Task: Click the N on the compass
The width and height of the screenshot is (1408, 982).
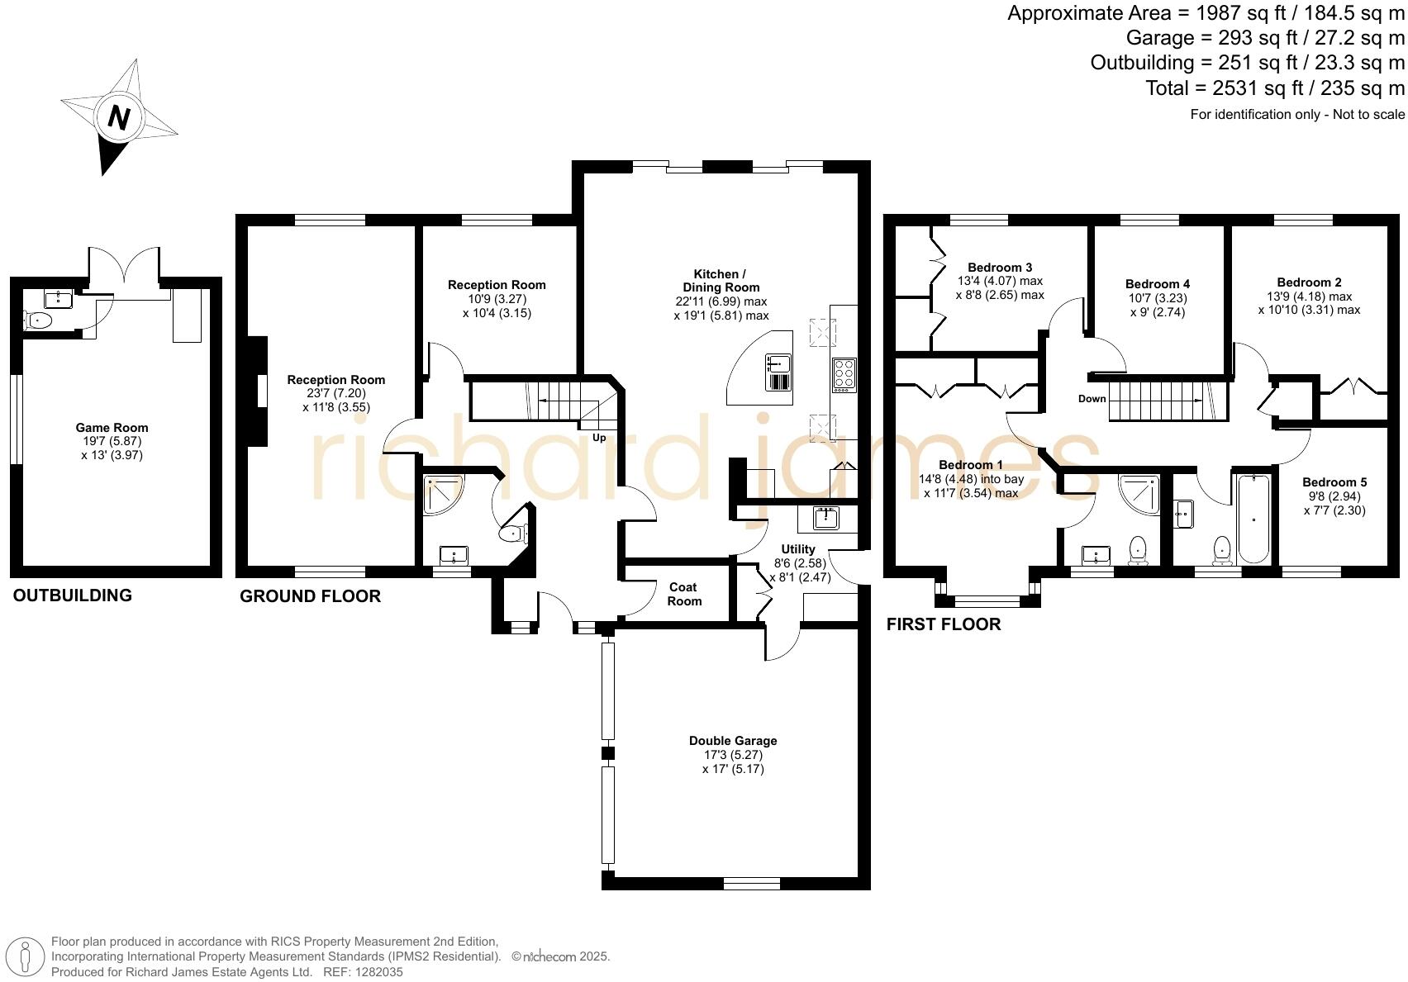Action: click(119, 117)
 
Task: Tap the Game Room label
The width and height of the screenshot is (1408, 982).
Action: click(112, 428)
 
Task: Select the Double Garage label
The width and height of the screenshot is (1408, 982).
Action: click(733, 741)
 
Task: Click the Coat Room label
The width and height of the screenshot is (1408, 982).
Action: click(683, 594)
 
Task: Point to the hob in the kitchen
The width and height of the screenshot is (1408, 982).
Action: click(844, 374)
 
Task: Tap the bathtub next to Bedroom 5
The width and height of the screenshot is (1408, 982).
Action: click(1253, 519)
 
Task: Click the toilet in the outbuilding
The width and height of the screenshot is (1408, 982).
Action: click(39, 320)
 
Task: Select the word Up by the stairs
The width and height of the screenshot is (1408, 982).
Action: click(599, 438)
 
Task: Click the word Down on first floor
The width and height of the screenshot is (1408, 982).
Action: click(1092, 399)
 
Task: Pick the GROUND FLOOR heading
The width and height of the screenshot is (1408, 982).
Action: click(310, 596)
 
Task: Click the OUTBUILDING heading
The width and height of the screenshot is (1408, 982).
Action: click(72, 595)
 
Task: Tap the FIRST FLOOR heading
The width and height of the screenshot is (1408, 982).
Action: click(943, 624)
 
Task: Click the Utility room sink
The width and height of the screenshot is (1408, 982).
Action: click(825, 519)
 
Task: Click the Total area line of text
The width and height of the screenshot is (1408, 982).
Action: click(1274, 88)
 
